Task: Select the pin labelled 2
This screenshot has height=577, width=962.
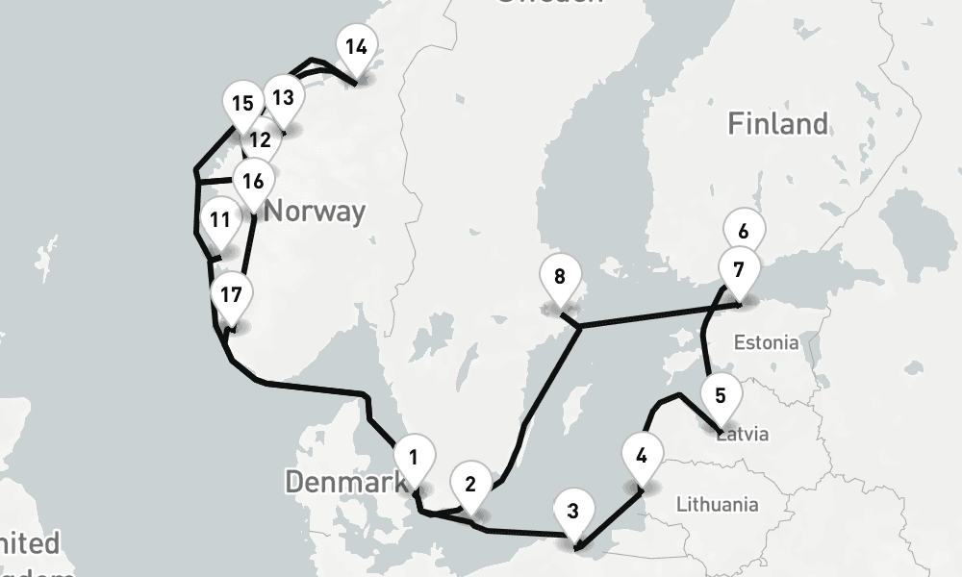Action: click(470, 484)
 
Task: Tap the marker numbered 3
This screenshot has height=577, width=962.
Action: click(573, 511)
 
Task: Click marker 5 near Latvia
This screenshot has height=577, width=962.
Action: click(721, 395)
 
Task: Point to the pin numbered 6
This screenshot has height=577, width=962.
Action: click(743, 232)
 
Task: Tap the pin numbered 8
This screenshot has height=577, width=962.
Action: click(560, 277)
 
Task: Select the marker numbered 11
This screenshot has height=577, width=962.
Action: click(220, 220)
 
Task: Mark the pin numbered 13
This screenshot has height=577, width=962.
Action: click(283, 98)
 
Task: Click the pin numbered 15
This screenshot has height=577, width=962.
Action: click(242, 104)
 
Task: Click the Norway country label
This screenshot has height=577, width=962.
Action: click(315, 211)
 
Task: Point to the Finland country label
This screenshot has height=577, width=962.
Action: click(777, 124)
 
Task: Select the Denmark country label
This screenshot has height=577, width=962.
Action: click(344, 481)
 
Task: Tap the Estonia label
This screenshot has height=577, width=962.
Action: click(766, 342)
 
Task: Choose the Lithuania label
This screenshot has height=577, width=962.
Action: click(717, 504)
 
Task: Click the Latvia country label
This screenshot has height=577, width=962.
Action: click(746, 435)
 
